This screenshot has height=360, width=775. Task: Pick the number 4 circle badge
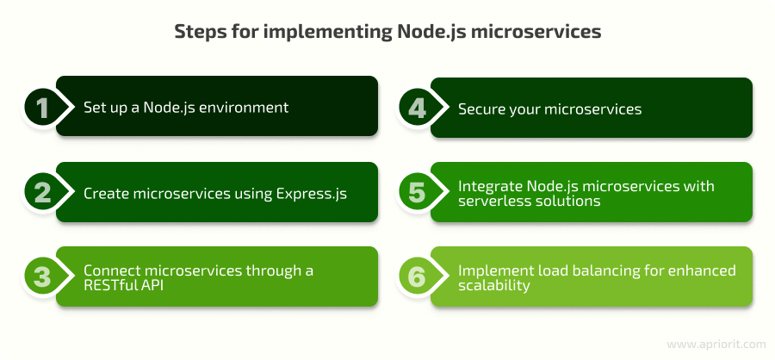pos(417,109)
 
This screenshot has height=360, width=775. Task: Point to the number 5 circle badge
pos(417,194)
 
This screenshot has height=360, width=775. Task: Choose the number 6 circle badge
pos(417,277)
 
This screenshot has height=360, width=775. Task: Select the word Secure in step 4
pos(479,109)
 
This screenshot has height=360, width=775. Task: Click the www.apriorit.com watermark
pos(716,344)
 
